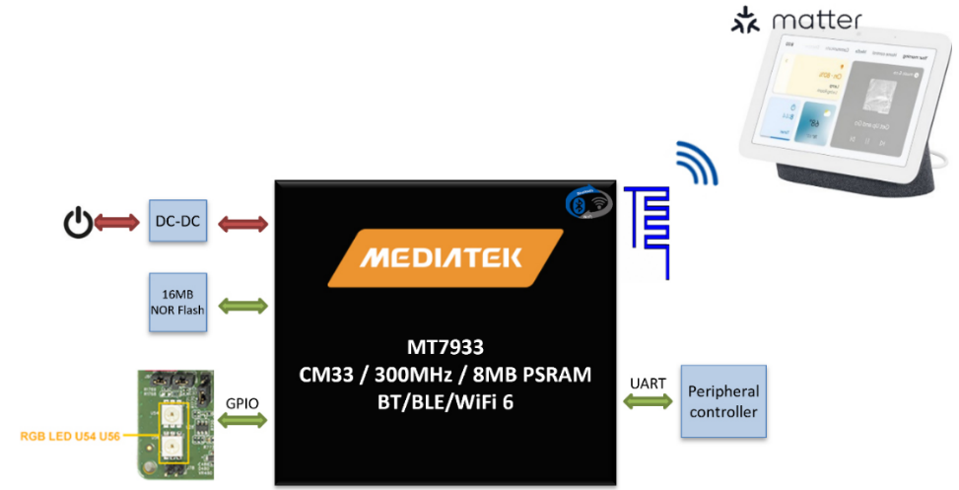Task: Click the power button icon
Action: click(x=77, y=224)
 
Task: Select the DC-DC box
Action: click(x=177, y=224)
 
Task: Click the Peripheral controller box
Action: click(x=724, y=400)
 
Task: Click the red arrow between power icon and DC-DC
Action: click(x=119, y=224)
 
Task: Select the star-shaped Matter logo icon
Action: click(x=744, y=21)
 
